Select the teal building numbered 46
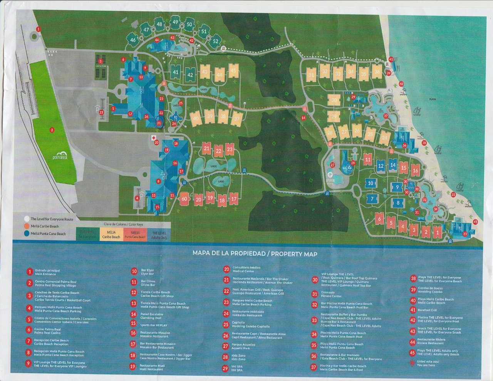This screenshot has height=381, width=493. point(133,40)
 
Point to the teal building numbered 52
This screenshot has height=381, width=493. point(215,41)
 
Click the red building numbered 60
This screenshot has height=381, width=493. point(184,199)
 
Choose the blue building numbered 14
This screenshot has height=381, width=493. point(392,165)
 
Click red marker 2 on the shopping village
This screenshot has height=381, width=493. point(52,130)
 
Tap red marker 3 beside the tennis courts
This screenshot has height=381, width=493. point(100,61)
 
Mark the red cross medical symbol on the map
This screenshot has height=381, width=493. point(154,138)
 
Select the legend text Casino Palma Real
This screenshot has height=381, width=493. point(47,331)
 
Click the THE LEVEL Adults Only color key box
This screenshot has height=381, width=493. point(159,235)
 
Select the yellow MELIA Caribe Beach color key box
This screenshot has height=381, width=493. point(111,235)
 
